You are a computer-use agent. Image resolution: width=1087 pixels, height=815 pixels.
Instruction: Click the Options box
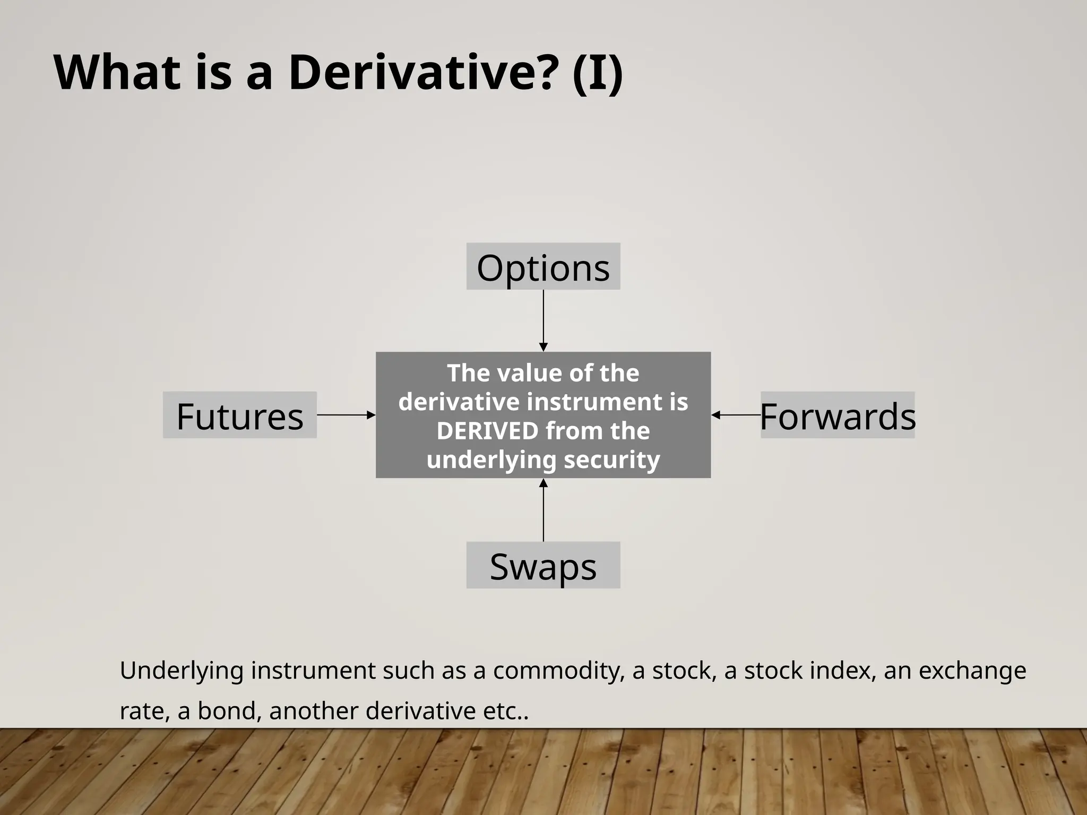pyautogui.click(x=543, y=267)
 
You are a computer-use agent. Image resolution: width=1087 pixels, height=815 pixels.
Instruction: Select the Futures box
pyautogui.click(x=240, y=415)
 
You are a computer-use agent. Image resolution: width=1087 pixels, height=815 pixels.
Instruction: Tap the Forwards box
pyautogui.click(x=838, y=415)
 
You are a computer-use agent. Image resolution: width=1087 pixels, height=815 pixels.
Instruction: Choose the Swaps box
pyautogui.click(x=543, y=566)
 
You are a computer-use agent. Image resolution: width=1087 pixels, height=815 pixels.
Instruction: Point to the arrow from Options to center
pyautogui.click(x=543, y=320)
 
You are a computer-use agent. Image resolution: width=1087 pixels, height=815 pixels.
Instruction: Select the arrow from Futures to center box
pyautogui.click(x=346, y=415)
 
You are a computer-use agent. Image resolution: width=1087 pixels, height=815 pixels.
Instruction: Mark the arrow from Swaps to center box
pyautogui.click(x=543, y=510)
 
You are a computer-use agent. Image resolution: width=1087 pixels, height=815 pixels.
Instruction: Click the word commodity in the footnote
pyautogui.click(x=558, y=671)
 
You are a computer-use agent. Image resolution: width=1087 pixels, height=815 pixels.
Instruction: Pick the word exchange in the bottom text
pyautogui.click(x=972, y=671)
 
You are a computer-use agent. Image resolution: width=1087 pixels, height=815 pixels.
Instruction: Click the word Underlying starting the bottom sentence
pyautogui.click(x=182, y=671)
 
